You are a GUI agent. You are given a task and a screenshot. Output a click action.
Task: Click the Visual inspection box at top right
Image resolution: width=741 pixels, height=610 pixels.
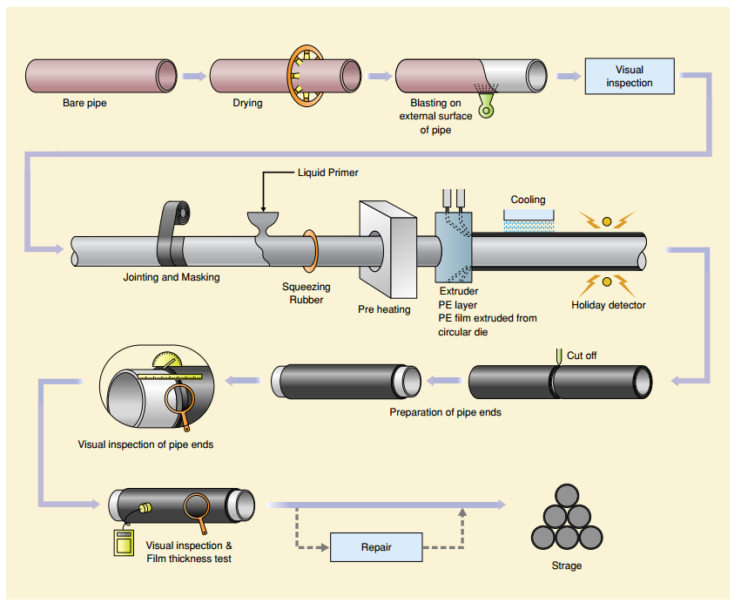click(629, 76)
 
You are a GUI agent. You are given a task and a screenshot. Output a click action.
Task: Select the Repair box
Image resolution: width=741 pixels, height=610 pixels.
click(376, 547)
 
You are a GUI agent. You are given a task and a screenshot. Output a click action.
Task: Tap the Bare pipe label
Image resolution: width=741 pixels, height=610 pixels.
click(84, 104)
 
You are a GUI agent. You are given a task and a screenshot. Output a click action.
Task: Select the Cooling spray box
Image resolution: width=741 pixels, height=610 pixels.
click(528, 214)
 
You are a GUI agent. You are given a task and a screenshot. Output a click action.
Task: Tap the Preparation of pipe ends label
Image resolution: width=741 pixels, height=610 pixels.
click(445, 411)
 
